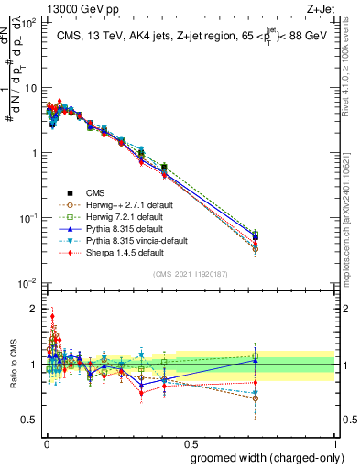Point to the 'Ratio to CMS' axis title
pos(13,365)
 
